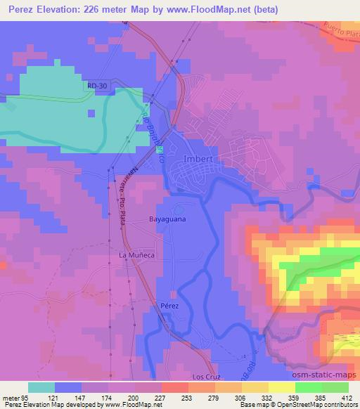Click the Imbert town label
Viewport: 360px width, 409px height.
point(198,159)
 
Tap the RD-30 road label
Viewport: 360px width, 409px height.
point(98,86)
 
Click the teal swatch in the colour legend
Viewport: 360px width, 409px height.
point(41,387)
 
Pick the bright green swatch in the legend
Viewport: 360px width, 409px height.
point(309,387)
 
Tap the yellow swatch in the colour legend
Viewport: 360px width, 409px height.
point(282,387)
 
